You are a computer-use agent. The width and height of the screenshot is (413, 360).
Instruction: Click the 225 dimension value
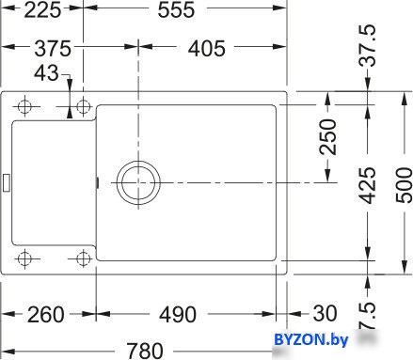pyautogui.click(x=42, y=10)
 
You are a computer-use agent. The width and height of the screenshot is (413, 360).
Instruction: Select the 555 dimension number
pyautogui.click(x=176, y=10)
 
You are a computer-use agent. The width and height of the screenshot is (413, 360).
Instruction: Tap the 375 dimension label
pyautogui.click(x=53, y=49)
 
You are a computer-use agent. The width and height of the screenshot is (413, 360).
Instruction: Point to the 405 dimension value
pyautogui.click(x=207, y=49)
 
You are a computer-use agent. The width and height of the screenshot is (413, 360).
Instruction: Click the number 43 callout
pyautogui.click(x=46, y=73)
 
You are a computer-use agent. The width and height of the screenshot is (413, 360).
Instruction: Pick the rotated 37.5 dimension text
pyautogui.click(x=367, y=46)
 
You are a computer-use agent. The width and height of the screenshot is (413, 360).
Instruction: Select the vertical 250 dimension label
pyautogui.click(x=327, y=136)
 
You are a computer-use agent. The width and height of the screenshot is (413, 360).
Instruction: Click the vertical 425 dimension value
pyautogui.click(x=367, y=185)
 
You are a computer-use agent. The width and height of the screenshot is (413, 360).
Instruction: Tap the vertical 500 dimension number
pyautogui.click(x=404, y=185)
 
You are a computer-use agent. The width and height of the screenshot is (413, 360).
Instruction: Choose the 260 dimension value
pyautogui.click(x=46, y=315)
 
